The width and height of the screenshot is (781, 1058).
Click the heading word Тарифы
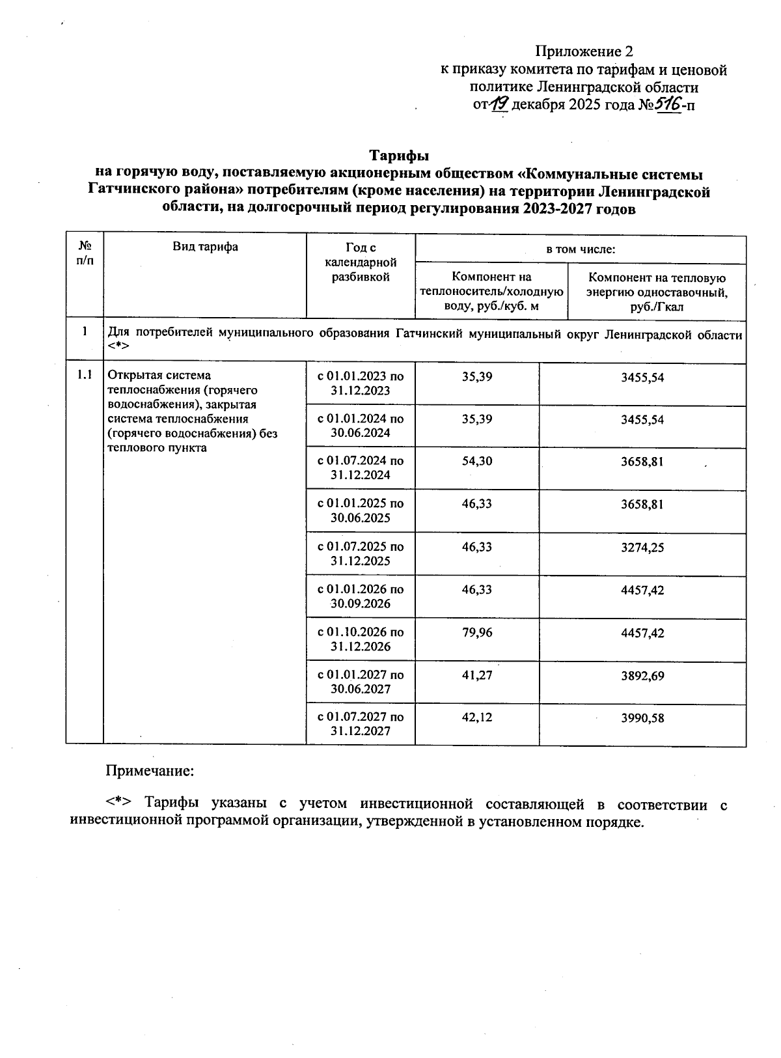(x=400, y=156)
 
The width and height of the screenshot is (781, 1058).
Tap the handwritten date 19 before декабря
(x=500, y=104)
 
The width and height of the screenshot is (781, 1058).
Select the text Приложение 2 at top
(x=584, y=51)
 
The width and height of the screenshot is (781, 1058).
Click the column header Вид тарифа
(x=205, y=247)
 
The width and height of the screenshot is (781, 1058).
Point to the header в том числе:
(x=580, y=249)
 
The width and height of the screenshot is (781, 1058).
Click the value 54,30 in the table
(x=477, y=462)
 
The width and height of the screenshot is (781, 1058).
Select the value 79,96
(x=477, y=633)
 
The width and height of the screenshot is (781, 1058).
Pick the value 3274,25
(x=642, y=548)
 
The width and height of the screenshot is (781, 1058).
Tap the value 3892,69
(x=642, y=676)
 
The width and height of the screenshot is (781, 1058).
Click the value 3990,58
(x=642, y=718)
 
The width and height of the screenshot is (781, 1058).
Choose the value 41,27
(x=477, y=676)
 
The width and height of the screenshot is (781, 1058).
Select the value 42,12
(x=477, y=718)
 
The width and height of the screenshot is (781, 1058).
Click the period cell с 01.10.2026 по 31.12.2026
(x=361, y=639)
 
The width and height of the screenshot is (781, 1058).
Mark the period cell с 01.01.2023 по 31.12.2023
(x=361, y=383)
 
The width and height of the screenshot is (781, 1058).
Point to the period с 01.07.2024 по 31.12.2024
(x=361, y=468)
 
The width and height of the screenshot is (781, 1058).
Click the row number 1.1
(x=84, y=375)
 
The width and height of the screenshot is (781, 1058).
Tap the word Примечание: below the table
(x=150, y=772)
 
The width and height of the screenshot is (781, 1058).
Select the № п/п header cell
(x=84, y=254)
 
